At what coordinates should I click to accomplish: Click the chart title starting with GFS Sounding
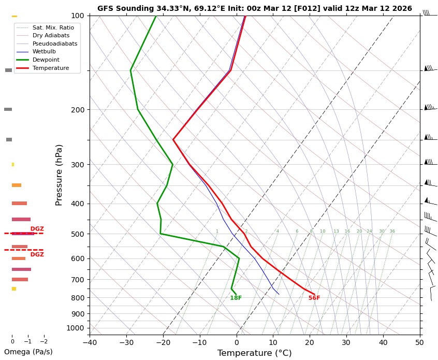[254, 8]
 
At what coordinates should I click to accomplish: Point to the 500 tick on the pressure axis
[78, 234]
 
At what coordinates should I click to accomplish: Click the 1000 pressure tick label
[76, 328]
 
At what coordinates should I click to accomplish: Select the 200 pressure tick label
[78, 110]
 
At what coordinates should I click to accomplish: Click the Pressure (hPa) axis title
[59, 175]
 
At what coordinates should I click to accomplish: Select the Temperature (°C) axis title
[254, 353]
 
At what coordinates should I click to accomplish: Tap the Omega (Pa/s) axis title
[28, 352]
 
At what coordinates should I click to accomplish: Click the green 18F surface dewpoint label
[236, 298]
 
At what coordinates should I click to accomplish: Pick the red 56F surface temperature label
[314, 298]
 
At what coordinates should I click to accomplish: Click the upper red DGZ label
[37, 228]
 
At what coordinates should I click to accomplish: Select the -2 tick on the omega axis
[43, 341]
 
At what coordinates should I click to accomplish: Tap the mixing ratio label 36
[392, 231]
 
